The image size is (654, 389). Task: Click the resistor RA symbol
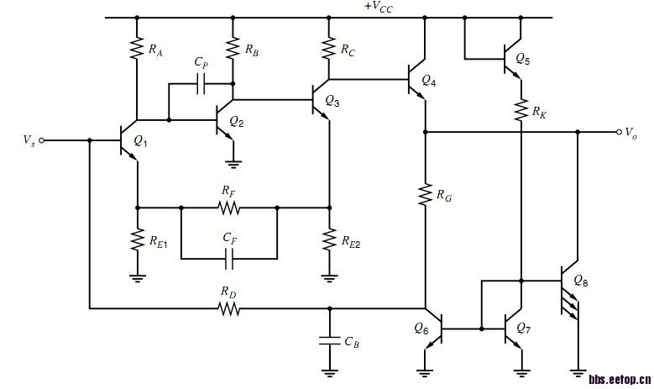click(x=135, y=50)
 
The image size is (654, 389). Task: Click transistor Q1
click(x=128, y=140)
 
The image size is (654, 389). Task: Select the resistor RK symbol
click(x=521, y=109)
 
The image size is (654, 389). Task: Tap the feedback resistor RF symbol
click(x=227, y=207)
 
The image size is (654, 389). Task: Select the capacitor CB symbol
click(x=329, y=340)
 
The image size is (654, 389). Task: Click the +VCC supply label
click(x=379, y=7)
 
